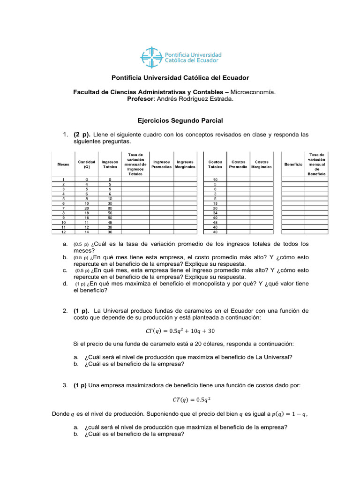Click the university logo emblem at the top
(x=150, y=57)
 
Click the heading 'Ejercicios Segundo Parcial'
(x=180, y=121)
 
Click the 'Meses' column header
(x=63, y=165)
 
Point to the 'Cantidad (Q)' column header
(x=87, y=165)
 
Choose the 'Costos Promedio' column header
(x=238, y=165)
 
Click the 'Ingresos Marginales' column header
(x=185, y=165)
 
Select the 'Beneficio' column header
(x=293, y=165)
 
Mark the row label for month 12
(x=63, y=232)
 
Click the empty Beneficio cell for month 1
(x=293, y=180)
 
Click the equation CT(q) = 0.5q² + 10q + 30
(x=180, y=330)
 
